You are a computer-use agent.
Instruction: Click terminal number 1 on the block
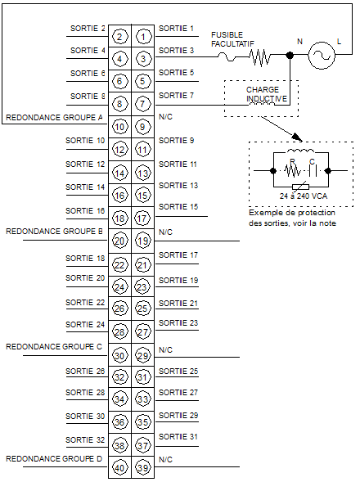tap(143, 37)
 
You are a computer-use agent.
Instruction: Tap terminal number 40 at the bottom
tap(119, 468)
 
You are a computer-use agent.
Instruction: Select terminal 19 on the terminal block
tap(143, 241)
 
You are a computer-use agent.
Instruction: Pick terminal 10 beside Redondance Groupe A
tap(119, 127)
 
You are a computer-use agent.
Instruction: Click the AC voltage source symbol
tap(322, 56)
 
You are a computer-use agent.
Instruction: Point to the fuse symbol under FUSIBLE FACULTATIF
tap(227, 56)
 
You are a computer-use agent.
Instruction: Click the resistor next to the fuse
tap(260, 56)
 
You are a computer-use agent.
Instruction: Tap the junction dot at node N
tap(290, 56)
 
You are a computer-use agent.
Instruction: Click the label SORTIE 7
tap(176, 95)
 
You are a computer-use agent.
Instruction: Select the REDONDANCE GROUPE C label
tap(54, 347)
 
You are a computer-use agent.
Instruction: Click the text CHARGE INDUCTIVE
tap(266, 94)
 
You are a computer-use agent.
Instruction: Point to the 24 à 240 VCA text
tap(304, 196)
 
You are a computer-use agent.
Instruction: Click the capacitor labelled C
tap(313, 170)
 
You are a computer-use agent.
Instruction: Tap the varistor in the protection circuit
tap(300, 187)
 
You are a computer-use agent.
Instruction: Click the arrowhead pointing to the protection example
tap(298, 137)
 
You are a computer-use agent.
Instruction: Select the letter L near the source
tap(339, 42)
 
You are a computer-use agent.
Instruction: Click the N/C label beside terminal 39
tap(166, 460)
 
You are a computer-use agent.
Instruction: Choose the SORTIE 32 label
tap(85, 440)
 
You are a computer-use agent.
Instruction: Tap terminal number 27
tap(143, 332)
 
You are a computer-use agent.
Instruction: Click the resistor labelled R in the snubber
tap(292, 170)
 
